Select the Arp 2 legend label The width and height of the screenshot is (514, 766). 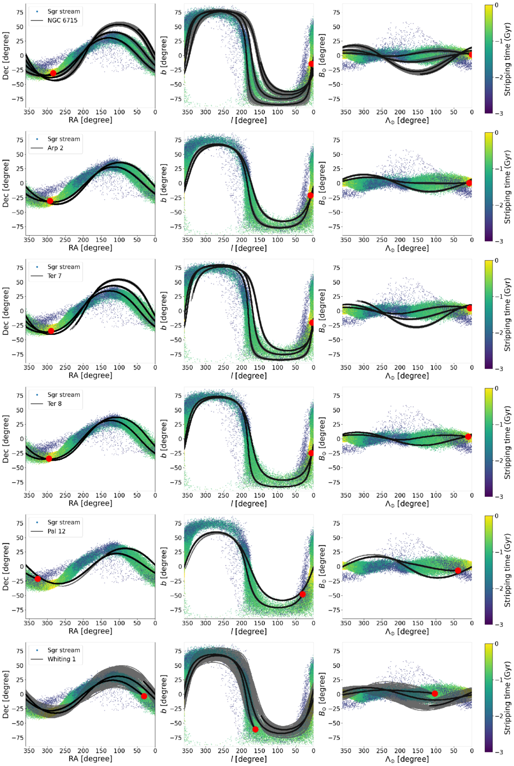[55, 148]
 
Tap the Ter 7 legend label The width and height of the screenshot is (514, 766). [54, 276]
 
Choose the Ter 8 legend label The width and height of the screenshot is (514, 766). [54, 404]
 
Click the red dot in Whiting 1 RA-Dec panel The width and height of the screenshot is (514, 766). [144, 696]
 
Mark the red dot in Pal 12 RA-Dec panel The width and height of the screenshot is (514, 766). [38, 579]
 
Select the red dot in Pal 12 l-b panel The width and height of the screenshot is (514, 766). [302, 595]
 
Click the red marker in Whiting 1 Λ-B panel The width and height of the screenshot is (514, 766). [435, 693]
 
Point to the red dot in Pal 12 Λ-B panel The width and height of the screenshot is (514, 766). [458, 570]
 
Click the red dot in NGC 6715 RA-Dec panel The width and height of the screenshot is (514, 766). [53, 73]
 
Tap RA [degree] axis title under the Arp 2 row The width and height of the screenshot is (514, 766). [90, 248]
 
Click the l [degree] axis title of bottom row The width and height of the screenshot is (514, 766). [249, 758]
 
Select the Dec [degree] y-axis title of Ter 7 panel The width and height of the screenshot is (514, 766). [6, 311]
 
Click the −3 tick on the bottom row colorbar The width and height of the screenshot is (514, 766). [499, 751]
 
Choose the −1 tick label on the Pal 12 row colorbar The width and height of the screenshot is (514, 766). [499, 552]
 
